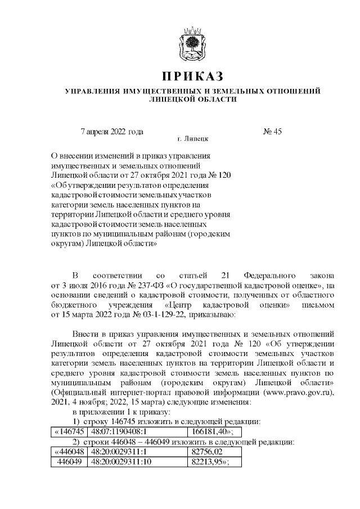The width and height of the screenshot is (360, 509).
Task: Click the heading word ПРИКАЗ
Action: (x=193, y=75)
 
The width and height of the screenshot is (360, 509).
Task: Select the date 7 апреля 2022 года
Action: (x=112, y=132)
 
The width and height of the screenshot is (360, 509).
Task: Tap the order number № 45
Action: (x=272, y=132)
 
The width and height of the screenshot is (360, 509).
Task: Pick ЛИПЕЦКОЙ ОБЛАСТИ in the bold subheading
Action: (x=192, y=99)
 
